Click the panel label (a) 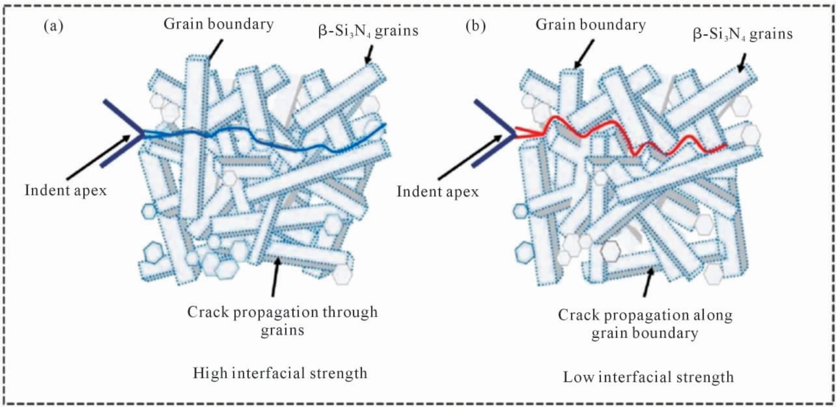pos(53,27)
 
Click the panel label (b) pos(476,27)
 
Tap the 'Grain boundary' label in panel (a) pos(219,24)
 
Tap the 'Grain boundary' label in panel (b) pos(590,25)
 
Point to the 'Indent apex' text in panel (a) pos(66,191)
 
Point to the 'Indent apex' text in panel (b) pos(438,192)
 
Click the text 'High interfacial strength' pos(280,373)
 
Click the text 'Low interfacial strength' pos(648,377)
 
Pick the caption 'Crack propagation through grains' pos(282,321)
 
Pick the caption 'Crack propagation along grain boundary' pos(645,324)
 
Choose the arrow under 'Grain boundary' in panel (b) pos(584,54)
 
